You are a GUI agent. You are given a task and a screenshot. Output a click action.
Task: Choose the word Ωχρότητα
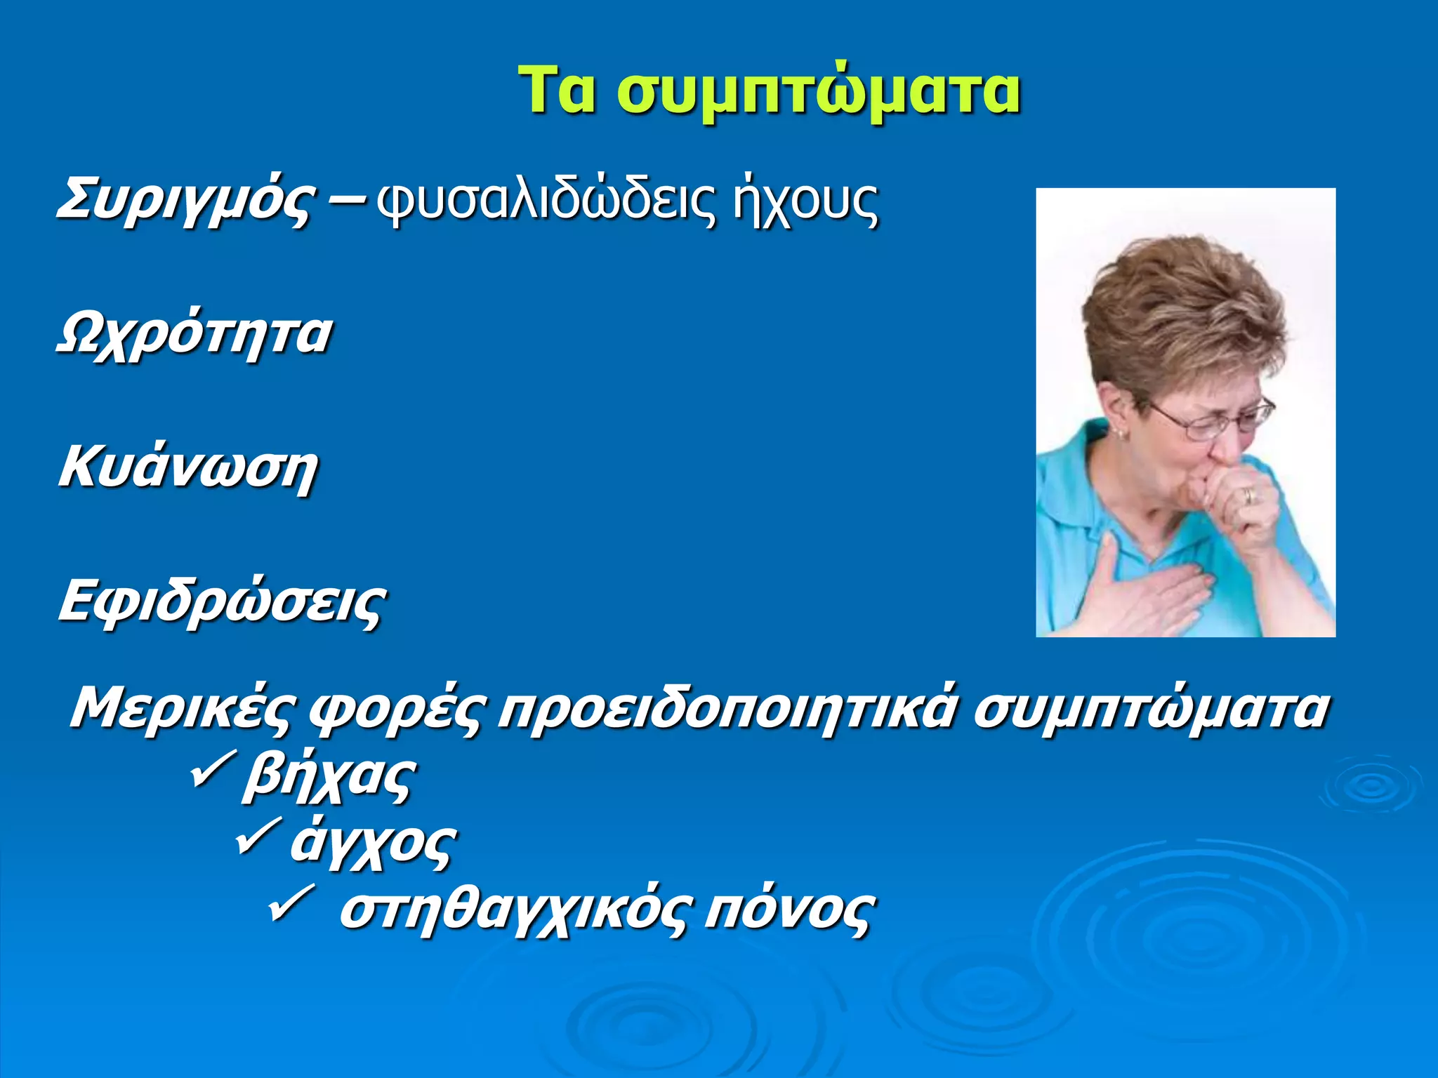tap(194, 335)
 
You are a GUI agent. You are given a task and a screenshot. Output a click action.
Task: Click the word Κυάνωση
tap(188, 468)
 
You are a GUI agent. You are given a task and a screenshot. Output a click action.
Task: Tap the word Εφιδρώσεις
tap(222, 602)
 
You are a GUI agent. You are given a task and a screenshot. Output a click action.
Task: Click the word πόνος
tap(789, 911)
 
